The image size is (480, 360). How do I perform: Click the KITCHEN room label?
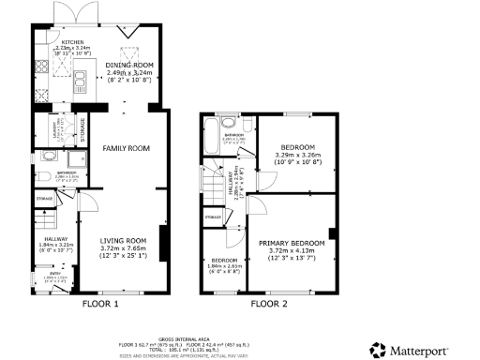pos(73,43)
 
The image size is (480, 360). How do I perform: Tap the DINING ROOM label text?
pos(128,65)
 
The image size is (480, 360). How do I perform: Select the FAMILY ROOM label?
pos(127,148)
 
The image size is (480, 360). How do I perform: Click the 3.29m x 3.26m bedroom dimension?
pos(298,156)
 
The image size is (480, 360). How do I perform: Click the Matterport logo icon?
pos(377,349)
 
